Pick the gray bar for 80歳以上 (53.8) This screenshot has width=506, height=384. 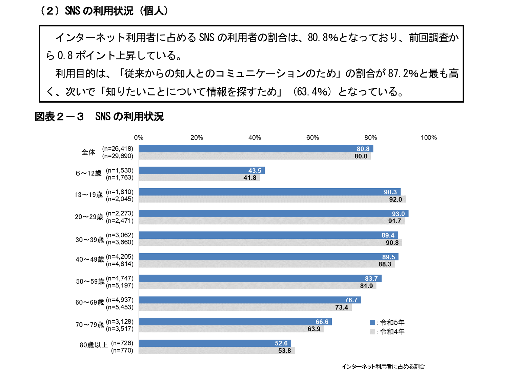click(x=217, y=350)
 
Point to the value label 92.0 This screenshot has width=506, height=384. click(x=395, y=199)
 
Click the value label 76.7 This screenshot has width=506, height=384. click(x=351, y=300)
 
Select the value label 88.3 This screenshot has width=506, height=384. click(x=385, y=264)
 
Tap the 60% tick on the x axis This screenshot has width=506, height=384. click(x=312, y=137)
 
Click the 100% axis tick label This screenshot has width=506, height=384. click(x=428, y=137)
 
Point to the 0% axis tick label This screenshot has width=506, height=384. click(x=139, y=137)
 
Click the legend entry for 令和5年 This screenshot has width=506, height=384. click(x=388, y=322)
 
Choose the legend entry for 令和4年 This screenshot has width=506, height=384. click(x=388, y=332)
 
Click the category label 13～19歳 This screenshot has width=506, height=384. click(x=88, y=195)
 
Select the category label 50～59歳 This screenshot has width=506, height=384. click(x=90, y=282)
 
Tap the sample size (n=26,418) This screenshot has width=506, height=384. click(x=118, y=149)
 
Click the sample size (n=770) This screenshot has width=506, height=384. click(x=122, y=350)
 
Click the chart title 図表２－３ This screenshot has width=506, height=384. click(x=59, y=117)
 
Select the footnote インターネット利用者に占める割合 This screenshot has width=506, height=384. click(x=383, y=366)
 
